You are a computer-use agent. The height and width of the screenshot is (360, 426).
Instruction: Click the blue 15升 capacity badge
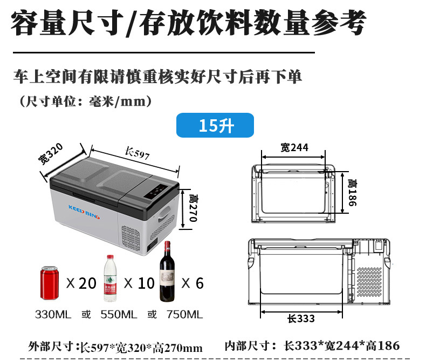(215, 125)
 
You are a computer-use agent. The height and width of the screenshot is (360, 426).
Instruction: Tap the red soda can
(49, 283)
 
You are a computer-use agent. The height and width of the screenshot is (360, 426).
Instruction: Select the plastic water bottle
(110, 278)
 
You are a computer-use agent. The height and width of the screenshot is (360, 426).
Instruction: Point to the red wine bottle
(167, 271)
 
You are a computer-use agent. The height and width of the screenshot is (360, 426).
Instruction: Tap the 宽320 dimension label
(51, 153)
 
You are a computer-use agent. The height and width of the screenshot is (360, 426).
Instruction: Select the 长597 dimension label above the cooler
(137, 153)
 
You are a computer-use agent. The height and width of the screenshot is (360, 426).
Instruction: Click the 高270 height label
(193, 208)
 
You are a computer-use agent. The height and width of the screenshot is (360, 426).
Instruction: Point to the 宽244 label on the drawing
(294, 147)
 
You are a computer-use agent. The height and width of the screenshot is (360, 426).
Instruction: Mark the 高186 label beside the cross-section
(352, 193)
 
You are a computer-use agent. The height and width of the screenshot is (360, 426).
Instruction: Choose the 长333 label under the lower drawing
(301, 318)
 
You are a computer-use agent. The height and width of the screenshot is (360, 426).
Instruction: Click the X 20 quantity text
(81, 283)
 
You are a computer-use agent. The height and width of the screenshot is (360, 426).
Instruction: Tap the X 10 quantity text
(139, 283)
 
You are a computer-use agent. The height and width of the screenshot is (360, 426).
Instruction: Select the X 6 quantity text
(193, 283)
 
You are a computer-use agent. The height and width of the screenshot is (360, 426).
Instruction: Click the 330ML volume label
(53, 314)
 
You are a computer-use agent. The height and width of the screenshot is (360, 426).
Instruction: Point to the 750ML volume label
(185, 314)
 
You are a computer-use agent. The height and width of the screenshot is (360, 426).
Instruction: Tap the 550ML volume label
(119, 314)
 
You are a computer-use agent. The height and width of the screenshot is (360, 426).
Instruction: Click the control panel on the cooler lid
(155, 192)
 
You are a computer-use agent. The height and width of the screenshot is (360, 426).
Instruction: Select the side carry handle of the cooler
(164, 213)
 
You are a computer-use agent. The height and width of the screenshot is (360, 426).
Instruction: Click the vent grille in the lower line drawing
(369, 281)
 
